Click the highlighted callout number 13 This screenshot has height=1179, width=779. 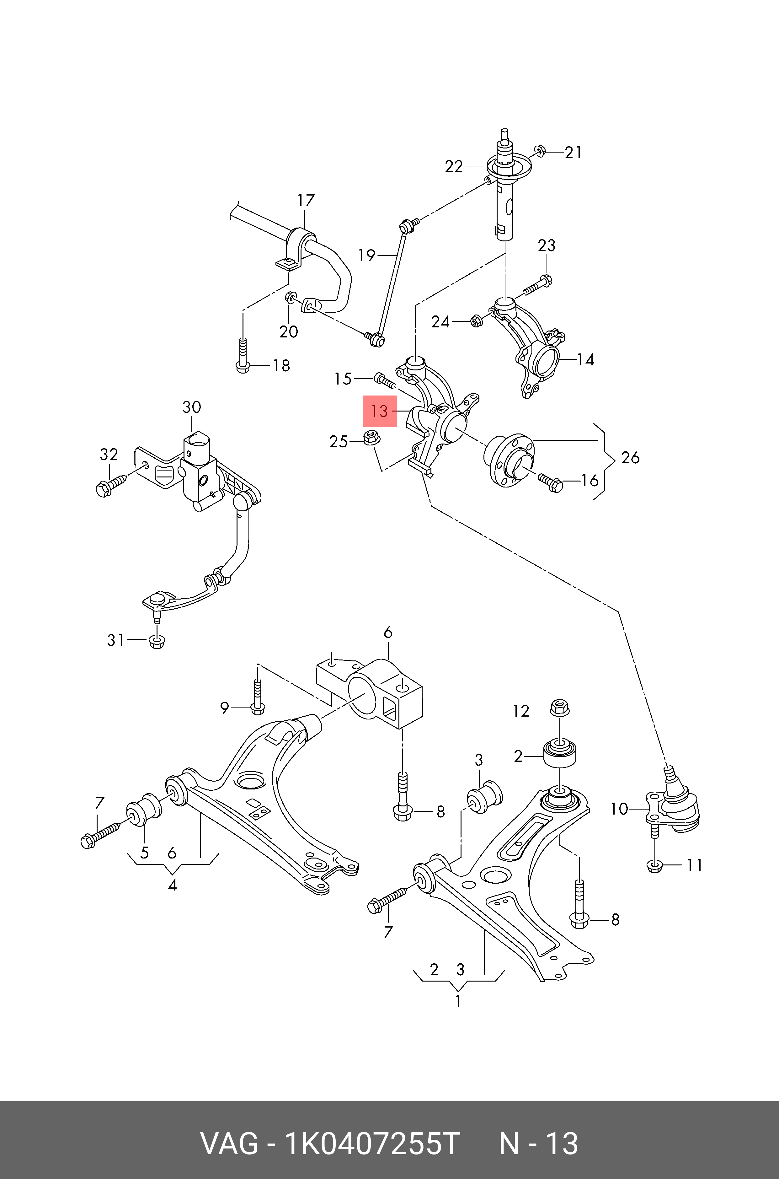pyautogui.click(x=380, y=411)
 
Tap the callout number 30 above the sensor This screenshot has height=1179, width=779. pyautogui.click(x=192, y=407)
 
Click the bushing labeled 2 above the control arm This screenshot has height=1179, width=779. pyautogui.click(x=560, y=756)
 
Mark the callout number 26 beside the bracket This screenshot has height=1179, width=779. pyautogui.click(x=630, y=458)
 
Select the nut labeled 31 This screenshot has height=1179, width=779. pyautogui.click(x=157, y=642)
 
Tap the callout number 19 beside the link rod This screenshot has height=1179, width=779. pyautogui.click(x=367, y=256)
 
